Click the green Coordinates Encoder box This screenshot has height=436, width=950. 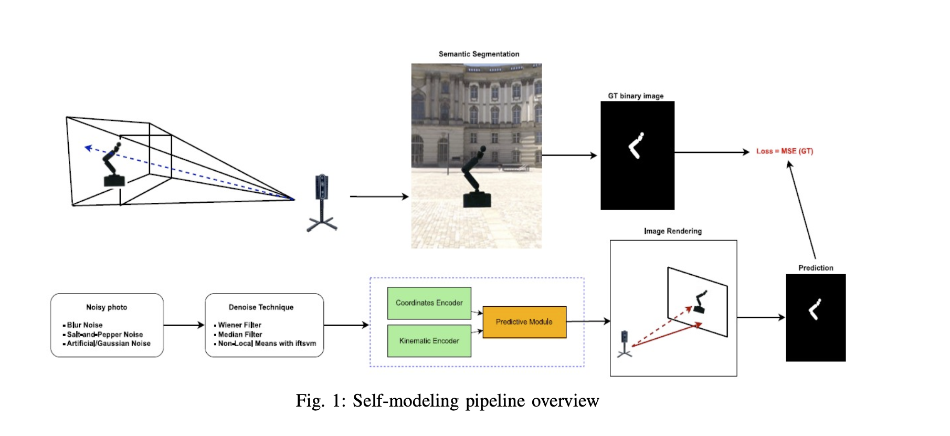coord(429,303)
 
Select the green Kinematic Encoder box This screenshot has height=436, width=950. coord(429,341)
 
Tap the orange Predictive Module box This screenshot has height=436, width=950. coord(524,322)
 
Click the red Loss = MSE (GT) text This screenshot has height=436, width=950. coord(784,151)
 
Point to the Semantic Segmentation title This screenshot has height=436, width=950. coord(479,54)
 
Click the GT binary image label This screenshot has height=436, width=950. coord(636,96)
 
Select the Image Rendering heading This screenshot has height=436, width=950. coord(672,231)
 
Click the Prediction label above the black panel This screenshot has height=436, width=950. coord(816,268)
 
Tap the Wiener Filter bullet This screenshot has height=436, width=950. coord(239,325)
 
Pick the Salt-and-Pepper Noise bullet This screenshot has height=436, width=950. coord(104,335)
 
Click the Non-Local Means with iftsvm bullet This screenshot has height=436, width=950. coord(267,344)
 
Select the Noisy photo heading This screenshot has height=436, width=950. coord(107,307)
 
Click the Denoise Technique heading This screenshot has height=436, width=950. coord(261,307)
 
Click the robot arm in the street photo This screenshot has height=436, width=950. coord(476,179)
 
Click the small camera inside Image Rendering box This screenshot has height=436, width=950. coord(625,343)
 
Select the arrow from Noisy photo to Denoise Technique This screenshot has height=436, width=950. coord(184,325)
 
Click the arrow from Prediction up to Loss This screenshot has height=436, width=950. coord(802,210)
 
